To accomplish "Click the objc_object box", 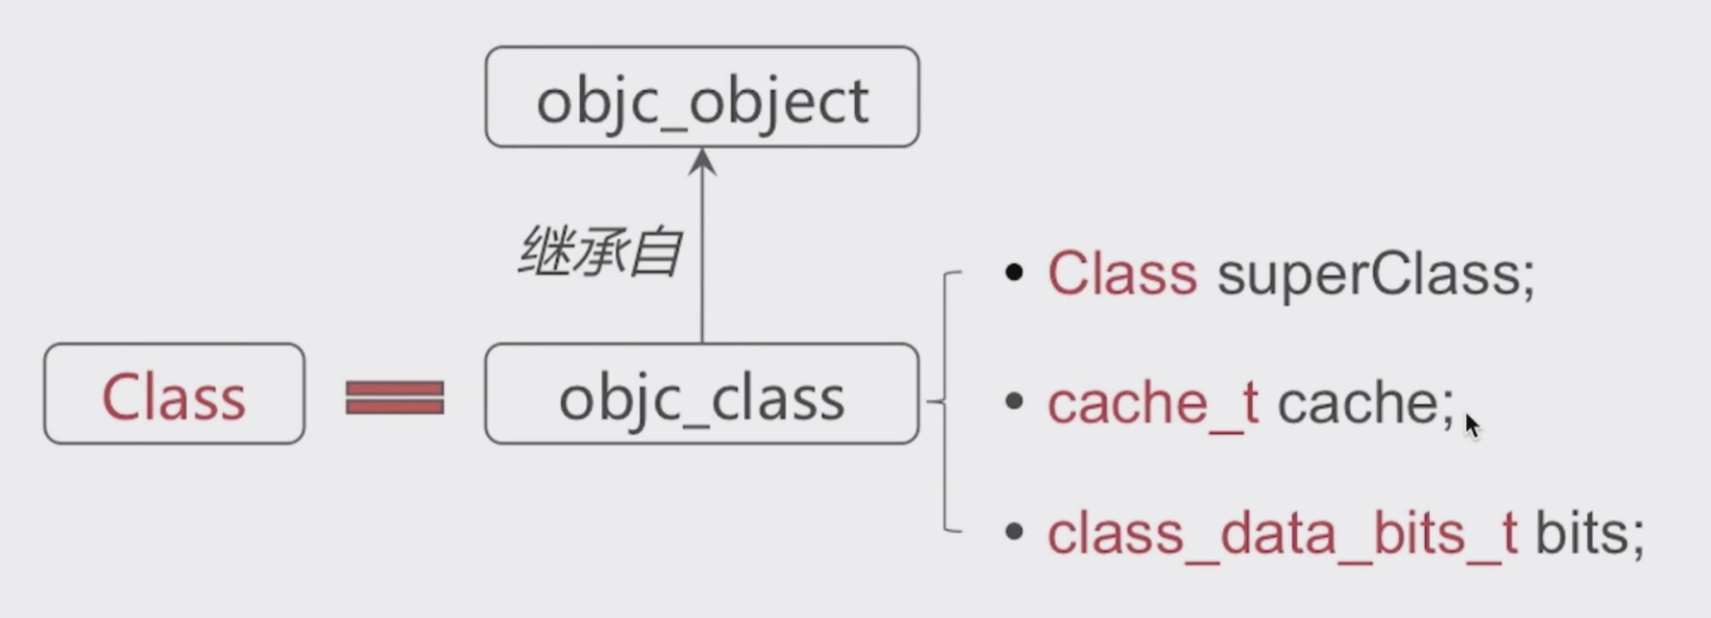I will (702, 97).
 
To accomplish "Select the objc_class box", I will (702, 394).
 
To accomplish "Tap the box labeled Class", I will (174, 394).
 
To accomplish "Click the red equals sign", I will (395, 398).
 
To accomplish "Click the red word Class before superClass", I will (1122, 274).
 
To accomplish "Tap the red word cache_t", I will (1152, 403).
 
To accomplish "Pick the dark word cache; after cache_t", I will (1365, 403).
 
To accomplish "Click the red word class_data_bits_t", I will (1282, 533).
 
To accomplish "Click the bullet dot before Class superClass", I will (1014, 272).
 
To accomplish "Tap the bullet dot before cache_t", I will (1014, 401).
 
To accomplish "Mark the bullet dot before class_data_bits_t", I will (1014, 531).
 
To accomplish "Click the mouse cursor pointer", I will (1472, 425).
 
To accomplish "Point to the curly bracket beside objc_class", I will (945, 401).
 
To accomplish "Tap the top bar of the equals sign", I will (395, 388).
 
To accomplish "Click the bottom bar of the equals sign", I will (395, 406).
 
